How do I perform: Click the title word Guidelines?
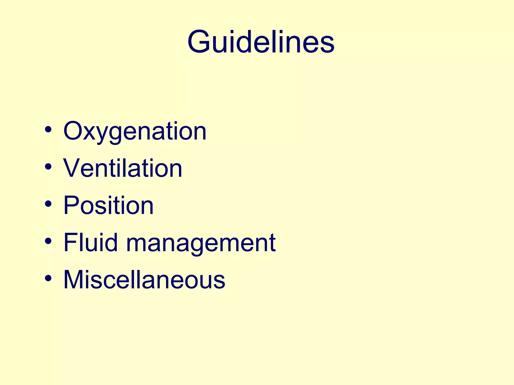pyautogui.click(x=261, y=42)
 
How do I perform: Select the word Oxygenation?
pyautogui.click(x=135, y=131)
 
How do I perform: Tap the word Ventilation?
pyautogui.click(x=123, y=168)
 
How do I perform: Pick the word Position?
pyautogui.click(x=108, y=205)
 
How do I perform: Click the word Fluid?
pyautogui.click(x=91, y=242)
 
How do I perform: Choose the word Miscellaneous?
pyautogui.click(x=144, y=279)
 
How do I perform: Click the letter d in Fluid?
pyautogui.click(x=111, y=242)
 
